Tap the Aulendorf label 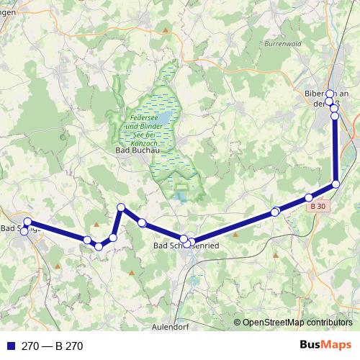point(170,326)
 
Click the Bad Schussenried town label point(186,246)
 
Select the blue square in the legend point(11,346)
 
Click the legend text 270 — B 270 point(53,346)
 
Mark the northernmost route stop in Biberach point(330,94)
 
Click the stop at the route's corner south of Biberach point(336,184)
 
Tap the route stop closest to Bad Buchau point(122,207)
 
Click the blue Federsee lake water point(165,117)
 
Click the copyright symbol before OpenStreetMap point(238,323)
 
